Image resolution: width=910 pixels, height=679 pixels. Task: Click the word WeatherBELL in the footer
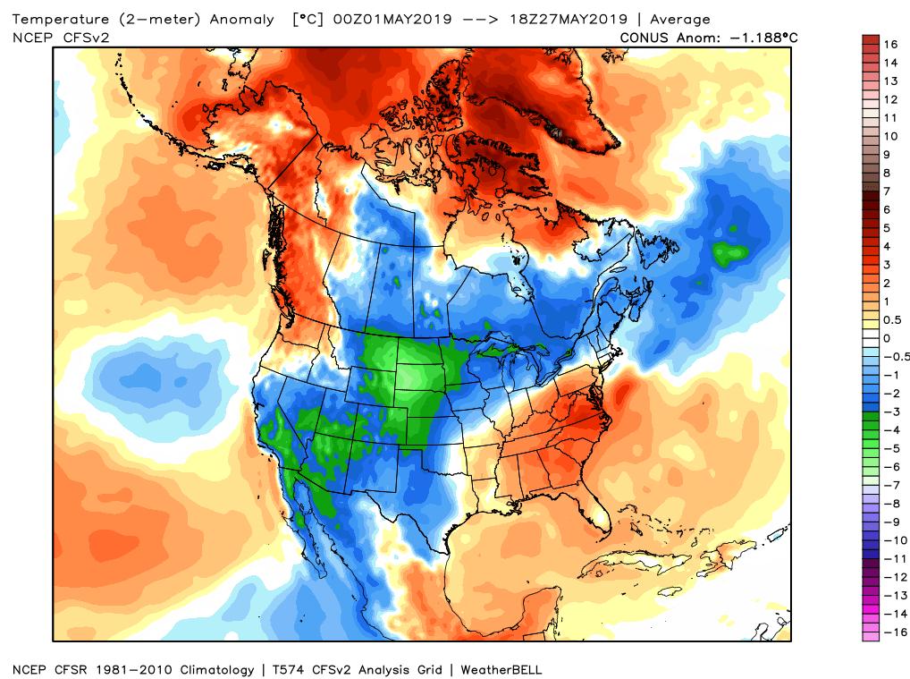click(502, 669)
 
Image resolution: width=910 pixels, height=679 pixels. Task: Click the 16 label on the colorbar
click(890, 44)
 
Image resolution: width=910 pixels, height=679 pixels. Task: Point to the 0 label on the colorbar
click(887, 338)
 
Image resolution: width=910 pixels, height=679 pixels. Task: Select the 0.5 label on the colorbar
click(892, 319)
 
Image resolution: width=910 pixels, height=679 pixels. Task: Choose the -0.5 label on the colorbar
click(895, 356)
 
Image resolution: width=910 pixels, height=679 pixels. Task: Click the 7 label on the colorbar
click(887, 191)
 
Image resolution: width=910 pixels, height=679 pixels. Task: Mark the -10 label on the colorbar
click(894, 539)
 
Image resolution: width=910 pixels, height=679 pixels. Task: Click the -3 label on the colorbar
click(890, 412)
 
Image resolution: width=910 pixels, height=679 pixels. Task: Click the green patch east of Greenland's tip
click(730, 252)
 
